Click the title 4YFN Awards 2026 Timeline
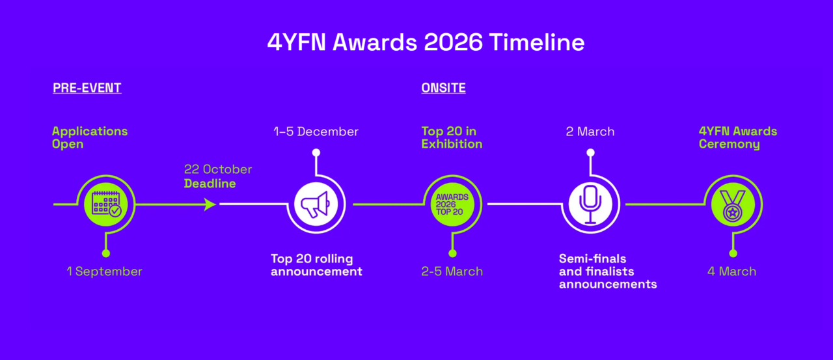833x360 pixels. (426, 42)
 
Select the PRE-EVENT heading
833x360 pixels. (87, 88)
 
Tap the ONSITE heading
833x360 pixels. (443, 88)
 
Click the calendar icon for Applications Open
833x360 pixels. (106, 204)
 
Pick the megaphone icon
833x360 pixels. (316, 204)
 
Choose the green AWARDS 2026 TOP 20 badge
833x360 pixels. (452, 204)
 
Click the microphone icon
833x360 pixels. (590, 204)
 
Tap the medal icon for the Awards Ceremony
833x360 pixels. (733, 204)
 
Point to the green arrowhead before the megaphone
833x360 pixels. (210, 204)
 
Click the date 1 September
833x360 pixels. (105, 271)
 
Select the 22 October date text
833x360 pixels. (218, 169)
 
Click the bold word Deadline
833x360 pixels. (210, 184)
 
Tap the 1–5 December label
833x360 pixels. (316, 132)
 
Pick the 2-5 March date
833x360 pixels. (452, 271)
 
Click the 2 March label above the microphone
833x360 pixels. (590, 132)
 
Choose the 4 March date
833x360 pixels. (732, 271)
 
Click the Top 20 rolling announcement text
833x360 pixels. (316, 265)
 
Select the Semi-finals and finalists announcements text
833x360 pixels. (608, 271)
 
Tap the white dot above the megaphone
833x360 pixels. (316, 152)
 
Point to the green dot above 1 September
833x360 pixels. (106, 254)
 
